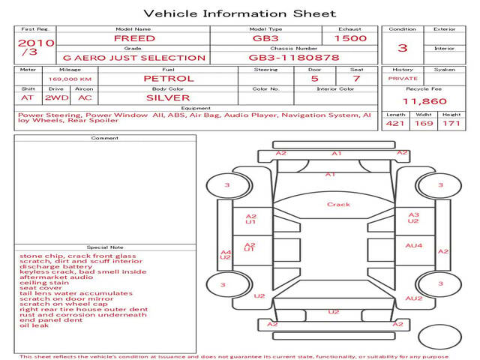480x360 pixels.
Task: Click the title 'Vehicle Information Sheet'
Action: click(x=240, y=13)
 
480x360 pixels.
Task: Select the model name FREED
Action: click(x=134, y=38)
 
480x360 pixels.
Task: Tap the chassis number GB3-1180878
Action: click(x=293, y=57)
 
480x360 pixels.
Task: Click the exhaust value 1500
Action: click(x=350, y=38)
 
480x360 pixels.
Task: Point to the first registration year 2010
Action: click(x=35, y=43)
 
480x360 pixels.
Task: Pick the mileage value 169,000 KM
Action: click(x=70, y=78)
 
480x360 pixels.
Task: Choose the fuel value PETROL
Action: click(x=168, y=78)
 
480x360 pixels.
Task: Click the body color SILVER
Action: click(x=168, y=97)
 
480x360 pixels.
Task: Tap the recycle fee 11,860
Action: click(x=424, y=101)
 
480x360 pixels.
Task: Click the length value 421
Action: click(x=394, y=123)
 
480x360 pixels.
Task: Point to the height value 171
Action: click(x=451, y=123)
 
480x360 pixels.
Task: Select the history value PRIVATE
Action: click(x=402, y=78)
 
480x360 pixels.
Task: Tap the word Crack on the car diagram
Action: click(x=338, y=204)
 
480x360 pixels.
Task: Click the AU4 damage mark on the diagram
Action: click(x=414, y=245)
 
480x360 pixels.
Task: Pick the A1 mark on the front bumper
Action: click(x=337, y=153)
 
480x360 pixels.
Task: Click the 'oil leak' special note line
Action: click(x=34, y=325)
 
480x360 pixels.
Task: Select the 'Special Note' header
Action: click(x=104, y=247)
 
